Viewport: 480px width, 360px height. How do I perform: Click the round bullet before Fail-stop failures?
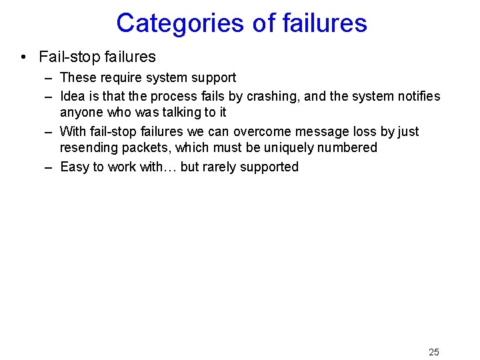coord(24,57)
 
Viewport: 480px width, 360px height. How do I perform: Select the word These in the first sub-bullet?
coord(77,78)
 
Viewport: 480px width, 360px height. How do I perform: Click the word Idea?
coord(72,97)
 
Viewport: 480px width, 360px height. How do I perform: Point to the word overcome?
coord(261,132)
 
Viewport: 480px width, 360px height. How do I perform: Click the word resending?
coord(87,148)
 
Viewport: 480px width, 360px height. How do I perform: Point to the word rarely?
coord(223,167)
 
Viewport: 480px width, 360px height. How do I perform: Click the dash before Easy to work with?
coord(49,167)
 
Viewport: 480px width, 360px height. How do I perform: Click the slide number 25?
coord(434,352)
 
